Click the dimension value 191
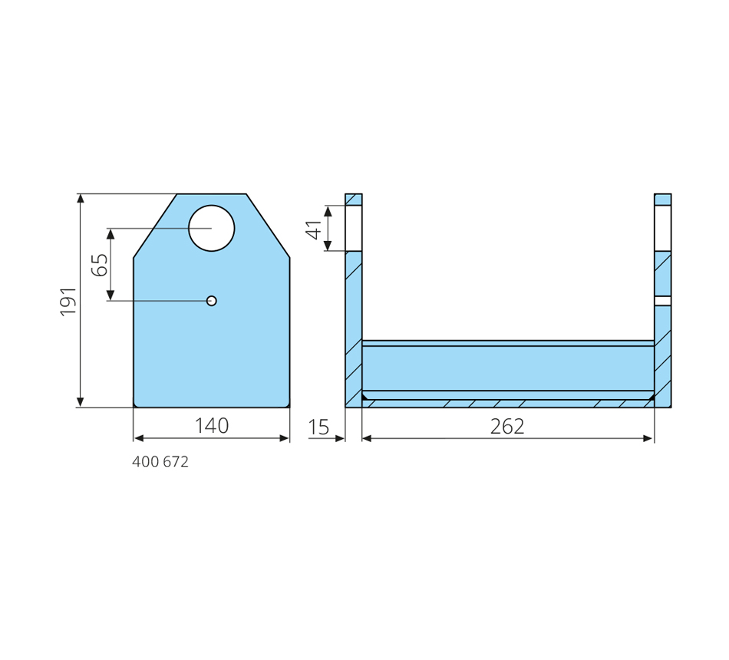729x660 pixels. [68, 302]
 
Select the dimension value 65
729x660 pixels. [100, 265]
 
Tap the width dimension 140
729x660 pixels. [212, 426]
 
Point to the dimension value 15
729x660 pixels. [319, 427]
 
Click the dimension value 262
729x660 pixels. [507, 427]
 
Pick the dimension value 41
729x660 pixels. [315, 229]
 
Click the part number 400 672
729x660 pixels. [160, 462]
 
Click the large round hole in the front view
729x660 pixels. [212, 228]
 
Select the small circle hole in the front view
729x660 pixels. [212, 301]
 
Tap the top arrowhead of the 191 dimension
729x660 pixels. [81, 199]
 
